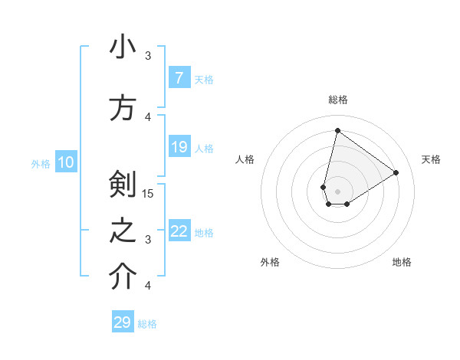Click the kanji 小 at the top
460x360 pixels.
(122, 47)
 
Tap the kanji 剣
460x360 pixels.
(122, 185)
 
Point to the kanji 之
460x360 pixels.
(122, 231)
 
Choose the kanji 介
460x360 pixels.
(122, 278)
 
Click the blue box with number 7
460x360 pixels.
(179, 78)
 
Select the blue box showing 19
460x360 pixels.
(179, 147)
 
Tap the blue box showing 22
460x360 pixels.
(179, 231)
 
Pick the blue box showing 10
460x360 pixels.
(66, 162)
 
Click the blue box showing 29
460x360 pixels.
(123, 322)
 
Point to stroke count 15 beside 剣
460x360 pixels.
(148, 193)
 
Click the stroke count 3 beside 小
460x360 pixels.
(148, 55)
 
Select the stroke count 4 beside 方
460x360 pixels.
(148, 116)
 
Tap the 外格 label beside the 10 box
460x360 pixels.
(40, 163)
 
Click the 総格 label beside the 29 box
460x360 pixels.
(148, 324)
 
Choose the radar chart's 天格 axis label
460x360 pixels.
(431, 159)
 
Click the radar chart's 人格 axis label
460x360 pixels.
(245, 159)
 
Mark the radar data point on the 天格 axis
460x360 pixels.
(396, 172)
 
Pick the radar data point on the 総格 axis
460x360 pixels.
(337, 130)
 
